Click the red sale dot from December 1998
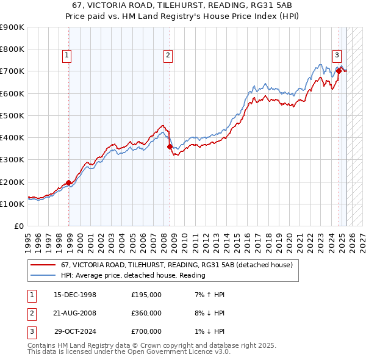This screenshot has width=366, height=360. coord(69,182)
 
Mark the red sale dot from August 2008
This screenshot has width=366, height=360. coord(170,146)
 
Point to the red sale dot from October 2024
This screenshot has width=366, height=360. coord(339,71)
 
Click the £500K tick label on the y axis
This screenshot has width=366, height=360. coord(12,115)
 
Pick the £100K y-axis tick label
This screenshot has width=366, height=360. coord(12,204)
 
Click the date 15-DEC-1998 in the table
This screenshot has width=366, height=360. coord(75,295)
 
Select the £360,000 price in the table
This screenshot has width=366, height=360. coord(146,313)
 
